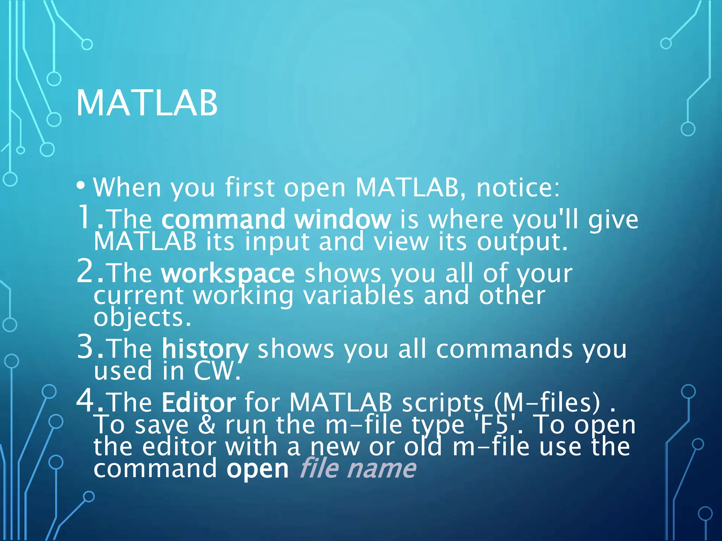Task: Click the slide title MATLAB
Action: coord(147,103)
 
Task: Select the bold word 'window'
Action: coord(342,219)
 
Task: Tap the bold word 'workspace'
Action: coord(228,274)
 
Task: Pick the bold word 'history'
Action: coord(205,349)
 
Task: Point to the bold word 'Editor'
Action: coord(199,402)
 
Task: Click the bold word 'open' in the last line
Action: coord(257,469)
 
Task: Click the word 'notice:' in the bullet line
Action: coord(518,187)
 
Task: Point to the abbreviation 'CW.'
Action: coord(217,371)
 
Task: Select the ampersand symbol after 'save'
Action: coord(207,424)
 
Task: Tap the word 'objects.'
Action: coord(142,317)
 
